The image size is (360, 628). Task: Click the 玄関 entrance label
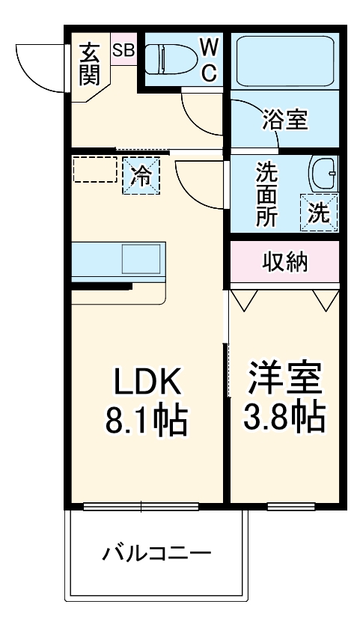pos(90,64)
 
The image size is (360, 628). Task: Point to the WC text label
pos(209,60)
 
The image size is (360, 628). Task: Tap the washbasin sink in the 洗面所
pos(323,175)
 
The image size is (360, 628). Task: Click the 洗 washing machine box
pos(319,213)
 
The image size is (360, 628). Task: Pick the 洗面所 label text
pos(266,194)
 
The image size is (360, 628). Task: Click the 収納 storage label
pos(284,262)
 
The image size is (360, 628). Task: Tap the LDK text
pos(147,382)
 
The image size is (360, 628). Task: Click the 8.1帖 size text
pos(147,421)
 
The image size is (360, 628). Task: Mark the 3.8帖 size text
pos(284,418)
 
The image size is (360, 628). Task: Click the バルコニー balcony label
pos(156,555)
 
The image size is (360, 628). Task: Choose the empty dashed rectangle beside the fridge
pos(94,170)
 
